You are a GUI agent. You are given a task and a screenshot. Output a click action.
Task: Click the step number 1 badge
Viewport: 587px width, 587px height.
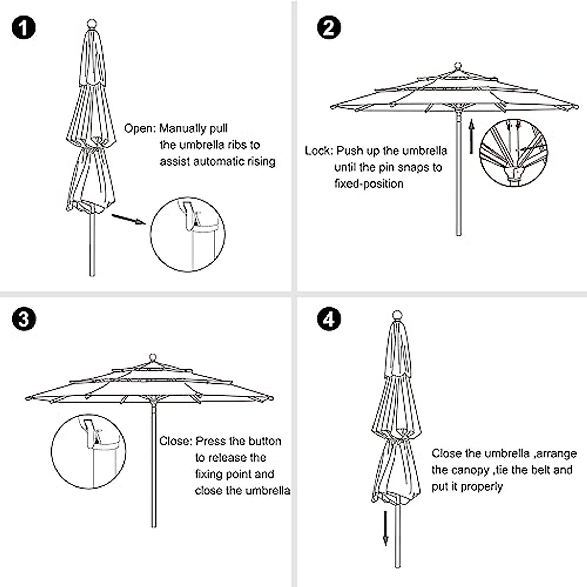click(23, 27)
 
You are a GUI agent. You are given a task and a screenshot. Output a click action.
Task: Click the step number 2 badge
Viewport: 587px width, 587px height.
click(329, 27)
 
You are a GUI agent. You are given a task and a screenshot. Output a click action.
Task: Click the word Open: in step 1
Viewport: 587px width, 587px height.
click(140, 129)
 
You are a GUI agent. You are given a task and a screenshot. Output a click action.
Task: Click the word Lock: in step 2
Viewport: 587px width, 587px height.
click(319, 151)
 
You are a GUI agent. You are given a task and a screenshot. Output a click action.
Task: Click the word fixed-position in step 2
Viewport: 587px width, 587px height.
click(369, 184)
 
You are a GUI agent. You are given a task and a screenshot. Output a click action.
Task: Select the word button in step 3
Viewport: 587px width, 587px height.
click(264, 441)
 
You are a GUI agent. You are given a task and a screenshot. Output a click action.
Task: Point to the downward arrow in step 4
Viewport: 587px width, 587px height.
click(385, 528)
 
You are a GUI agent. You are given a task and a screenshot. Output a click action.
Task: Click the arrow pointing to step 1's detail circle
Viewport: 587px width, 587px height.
click(129, 219)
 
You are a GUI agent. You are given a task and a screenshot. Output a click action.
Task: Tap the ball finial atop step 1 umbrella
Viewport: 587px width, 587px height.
click(91, 23)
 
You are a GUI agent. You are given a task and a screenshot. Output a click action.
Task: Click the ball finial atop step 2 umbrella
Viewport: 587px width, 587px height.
click(458, 66)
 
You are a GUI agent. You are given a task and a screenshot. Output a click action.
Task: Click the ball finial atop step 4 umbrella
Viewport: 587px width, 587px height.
click(397, 315)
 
